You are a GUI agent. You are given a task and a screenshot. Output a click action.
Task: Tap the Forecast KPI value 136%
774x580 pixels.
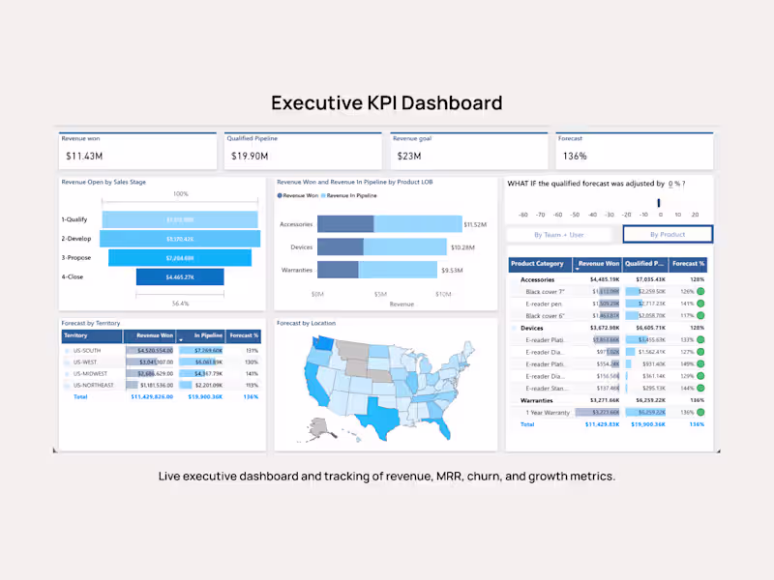575,156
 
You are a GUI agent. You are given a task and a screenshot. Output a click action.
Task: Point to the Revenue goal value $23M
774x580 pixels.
408,156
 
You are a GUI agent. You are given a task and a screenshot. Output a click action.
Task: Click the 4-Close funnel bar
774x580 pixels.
180,277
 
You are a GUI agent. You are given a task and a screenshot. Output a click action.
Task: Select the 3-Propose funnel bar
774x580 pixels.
180,258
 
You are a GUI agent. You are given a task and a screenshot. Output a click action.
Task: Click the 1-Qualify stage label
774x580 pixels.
74,219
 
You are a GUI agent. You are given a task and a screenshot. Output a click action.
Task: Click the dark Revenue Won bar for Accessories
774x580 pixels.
345,224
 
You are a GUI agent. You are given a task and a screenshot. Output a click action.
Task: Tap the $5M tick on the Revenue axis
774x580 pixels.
379,294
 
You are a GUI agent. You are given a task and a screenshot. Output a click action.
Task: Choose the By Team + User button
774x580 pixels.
559,234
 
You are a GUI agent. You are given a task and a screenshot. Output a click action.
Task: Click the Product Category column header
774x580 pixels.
538,263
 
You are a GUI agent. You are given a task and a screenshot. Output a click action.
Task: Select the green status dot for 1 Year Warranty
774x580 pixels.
700,412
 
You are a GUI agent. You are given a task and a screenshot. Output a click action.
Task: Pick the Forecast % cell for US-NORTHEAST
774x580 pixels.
251,385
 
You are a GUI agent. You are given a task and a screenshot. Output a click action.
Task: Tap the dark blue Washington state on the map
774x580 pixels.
314,341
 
